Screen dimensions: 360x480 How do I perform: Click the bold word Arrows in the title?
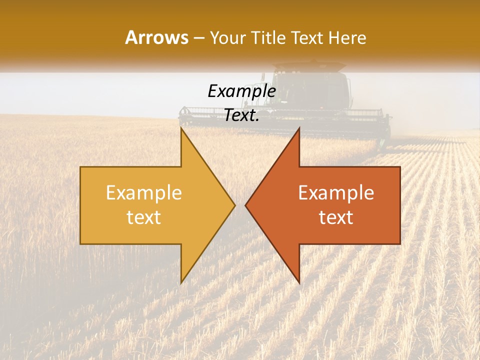point(156,37)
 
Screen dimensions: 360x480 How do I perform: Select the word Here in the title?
point(348,37)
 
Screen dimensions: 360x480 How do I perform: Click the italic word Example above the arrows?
point(241,91)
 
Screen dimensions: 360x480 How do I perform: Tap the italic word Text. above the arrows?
point(241,115)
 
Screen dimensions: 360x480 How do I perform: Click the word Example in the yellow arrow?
point(144,192)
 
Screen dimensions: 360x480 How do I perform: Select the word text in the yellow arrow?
point(144,217)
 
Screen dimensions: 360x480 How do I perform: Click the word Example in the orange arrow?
point(336,192)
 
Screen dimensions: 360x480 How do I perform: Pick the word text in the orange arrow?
point(336,217)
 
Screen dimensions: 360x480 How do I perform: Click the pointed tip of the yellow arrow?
point(234,205)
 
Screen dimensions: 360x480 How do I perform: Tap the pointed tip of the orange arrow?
point(246,205)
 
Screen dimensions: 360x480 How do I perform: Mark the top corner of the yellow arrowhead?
point(181,128)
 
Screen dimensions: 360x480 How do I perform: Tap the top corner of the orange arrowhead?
point(299,128)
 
